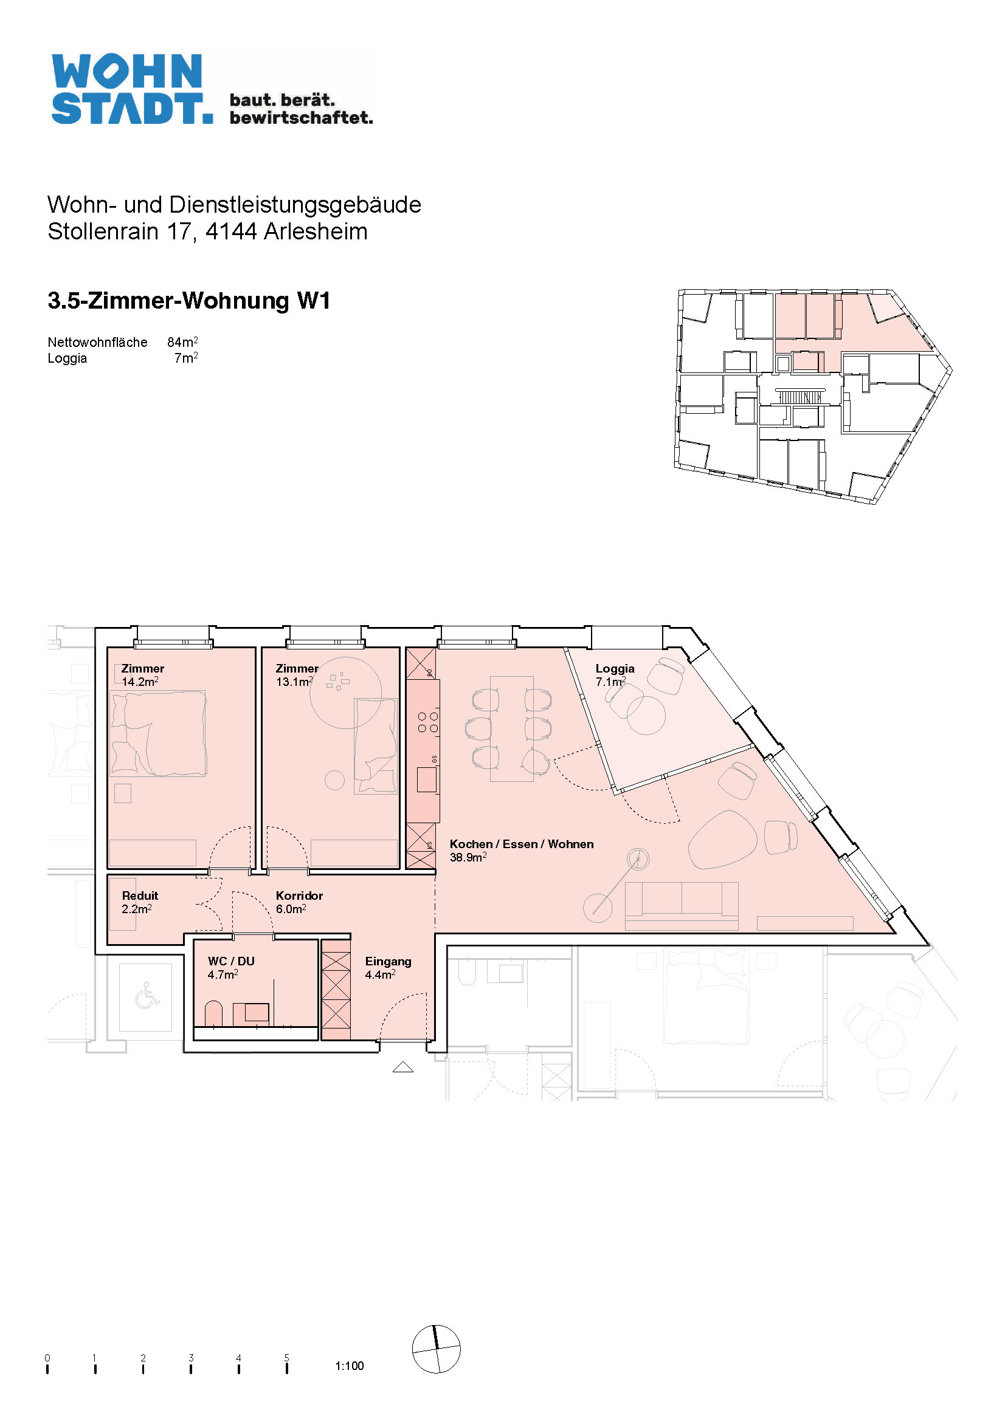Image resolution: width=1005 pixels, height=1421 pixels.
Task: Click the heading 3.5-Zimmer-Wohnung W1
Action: pos(189,301)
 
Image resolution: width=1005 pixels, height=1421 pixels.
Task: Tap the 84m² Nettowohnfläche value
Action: pos(182,341)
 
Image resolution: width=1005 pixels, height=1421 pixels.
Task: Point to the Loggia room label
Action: pos(615,668)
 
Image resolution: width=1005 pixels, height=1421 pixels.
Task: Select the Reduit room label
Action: pos(140,895)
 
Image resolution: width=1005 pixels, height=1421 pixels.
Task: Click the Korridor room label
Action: pos(299,895)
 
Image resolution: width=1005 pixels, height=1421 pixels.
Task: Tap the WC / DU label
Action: pos(231,961)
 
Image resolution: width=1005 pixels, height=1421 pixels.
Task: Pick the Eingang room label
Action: pos(389,961)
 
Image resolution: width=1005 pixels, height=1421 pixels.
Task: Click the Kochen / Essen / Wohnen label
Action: pos(522,844)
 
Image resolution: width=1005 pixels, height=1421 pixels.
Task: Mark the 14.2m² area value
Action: pos(140,682)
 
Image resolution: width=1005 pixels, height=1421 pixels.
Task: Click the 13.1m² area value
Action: pos(294,682)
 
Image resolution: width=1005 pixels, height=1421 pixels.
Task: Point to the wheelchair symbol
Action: pos(147,995)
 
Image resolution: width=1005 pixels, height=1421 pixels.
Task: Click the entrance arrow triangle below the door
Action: pos(403,1066)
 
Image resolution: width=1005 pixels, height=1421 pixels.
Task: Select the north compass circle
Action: pos(437,1349)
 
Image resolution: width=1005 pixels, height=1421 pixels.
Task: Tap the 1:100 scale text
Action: pos(349,1366)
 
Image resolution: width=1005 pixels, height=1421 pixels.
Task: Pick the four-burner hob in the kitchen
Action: pos(428,722)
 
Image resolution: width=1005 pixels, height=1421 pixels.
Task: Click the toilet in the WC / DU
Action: pos(213,1014)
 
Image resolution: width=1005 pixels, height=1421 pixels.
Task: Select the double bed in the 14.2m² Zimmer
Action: pos(159,733)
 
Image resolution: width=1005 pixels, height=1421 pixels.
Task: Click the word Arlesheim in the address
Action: pos(316,231)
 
